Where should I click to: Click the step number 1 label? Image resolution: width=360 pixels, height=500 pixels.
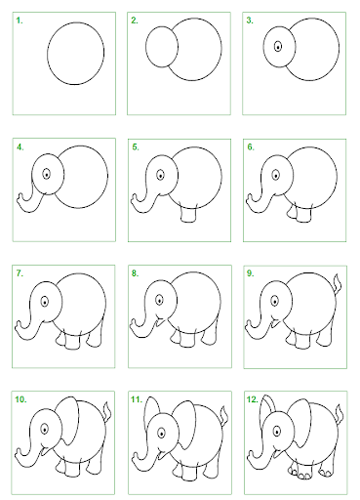(20, 21)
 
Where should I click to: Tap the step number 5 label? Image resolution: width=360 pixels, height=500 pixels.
(136, 147)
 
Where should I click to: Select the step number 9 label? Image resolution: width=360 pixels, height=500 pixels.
(250, 273)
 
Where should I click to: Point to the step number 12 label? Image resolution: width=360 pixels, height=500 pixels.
(253, 399)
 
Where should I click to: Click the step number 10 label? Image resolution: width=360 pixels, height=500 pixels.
(20, 399)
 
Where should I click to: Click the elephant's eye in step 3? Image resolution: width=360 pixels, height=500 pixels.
(278, 47)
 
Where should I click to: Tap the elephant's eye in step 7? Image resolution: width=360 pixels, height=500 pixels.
(45, 302)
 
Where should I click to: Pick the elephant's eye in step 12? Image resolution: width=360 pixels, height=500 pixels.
(277, 431)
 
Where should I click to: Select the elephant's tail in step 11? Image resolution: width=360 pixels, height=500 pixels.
(224, 416)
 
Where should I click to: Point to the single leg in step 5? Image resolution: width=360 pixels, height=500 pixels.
(188, 214)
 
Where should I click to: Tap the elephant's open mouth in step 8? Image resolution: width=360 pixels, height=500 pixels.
(160, 321)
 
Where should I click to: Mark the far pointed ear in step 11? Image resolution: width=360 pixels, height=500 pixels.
(151, 407)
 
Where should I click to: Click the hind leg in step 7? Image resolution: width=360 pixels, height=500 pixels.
(96, 335)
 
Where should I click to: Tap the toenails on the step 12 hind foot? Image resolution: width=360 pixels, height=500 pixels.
(326, 473)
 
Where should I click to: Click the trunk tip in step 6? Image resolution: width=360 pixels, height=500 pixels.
(250, 199)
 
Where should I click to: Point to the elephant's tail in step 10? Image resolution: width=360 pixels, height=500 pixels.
(107, 412)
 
